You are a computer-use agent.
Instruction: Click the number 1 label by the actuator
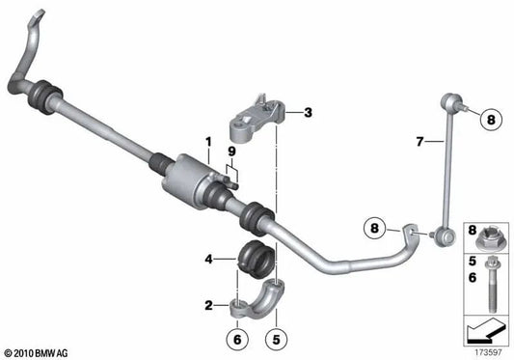point(208,143)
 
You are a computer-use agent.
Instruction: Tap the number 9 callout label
point(231,152)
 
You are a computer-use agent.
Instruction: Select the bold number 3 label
point(308,113)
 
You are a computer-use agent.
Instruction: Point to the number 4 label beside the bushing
point(208,260)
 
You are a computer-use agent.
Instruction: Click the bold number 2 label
point(208,306)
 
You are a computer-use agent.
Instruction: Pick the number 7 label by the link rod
point(419,142)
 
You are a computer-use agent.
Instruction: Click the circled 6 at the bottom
point(237,339)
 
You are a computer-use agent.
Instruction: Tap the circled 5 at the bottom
point(277,339)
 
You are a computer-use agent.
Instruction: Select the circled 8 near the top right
point(491,120)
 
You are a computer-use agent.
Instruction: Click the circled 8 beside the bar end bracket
point(374,228)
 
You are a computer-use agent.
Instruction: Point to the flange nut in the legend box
point(488,239)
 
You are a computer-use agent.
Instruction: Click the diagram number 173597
point(488,352)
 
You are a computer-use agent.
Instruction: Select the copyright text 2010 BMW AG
point(37,353)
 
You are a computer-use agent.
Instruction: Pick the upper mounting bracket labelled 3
point(257,121)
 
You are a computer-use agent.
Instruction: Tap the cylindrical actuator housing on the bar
point(188,178)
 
